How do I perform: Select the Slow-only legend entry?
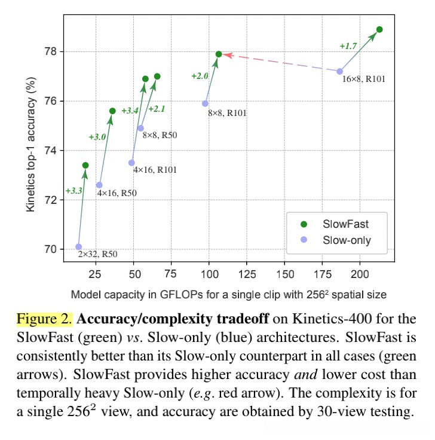[347, 240]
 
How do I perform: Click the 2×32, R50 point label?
[98, 254]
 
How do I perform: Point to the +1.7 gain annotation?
[348, 46]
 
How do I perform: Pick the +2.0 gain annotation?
[200, 76]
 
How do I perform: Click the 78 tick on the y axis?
[51, 51]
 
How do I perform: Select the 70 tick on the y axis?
[51, 249]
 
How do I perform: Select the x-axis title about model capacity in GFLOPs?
[228, 294]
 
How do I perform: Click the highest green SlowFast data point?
[379, 29]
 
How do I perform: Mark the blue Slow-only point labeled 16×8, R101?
[339, 71]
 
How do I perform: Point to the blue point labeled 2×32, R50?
[79, 246]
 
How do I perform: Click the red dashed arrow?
[281, 62]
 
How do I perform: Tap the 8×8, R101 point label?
[227, 112]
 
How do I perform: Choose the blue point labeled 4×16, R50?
[99, 185]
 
